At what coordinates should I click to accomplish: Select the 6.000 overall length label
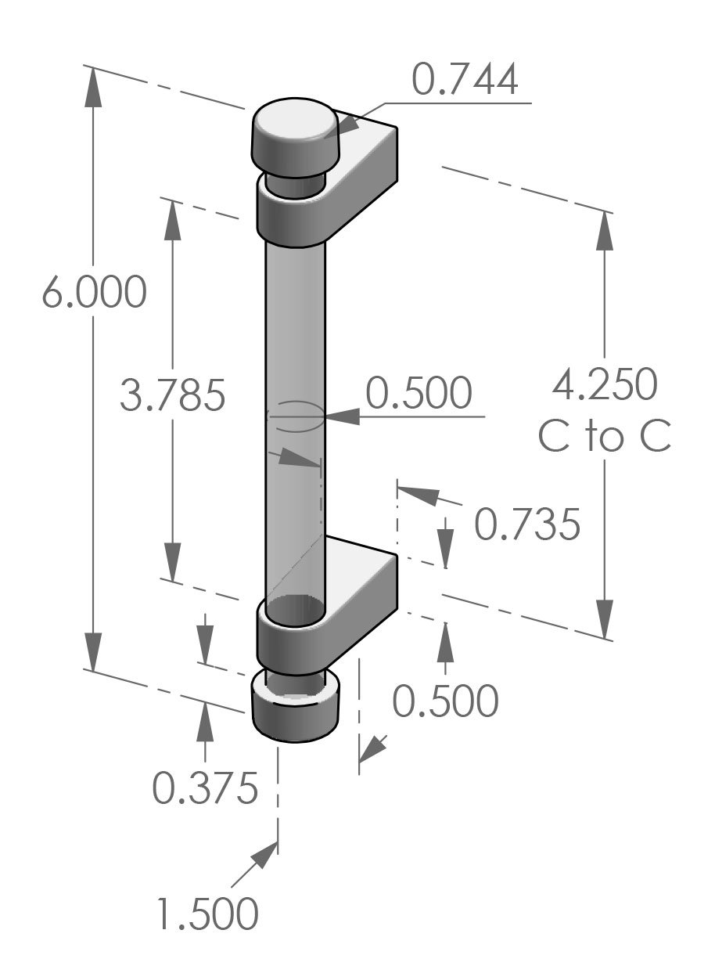coord(94,293)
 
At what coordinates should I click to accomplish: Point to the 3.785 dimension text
coord(173,395)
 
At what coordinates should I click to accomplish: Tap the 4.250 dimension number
coord(605,384)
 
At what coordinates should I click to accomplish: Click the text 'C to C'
coord(605,437)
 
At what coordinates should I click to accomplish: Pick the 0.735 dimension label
coord(527,525)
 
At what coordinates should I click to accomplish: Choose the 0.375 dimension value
coord(205,789)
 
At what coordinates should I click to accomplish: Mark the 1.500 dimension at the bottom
coord(207,914)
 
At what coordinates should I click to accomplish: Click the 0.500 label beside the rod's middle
coord(419,394)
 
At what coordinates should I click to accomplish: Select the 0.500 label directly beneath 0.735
coord(445,701)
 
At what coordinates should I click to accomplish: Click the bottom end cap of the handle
coord(295,708)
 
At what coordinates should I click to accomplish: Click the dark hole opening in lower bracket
coord(294,609)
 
